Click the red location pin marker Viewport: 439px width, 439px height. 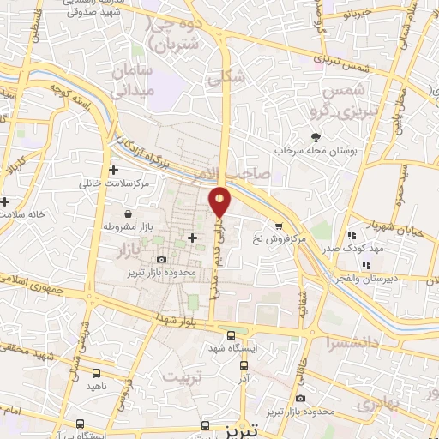[220, 201]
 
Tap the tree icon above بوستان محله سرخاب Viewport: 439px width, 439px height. [317, 136]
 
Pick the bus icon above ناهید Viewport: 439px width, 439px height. [96, 373]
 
